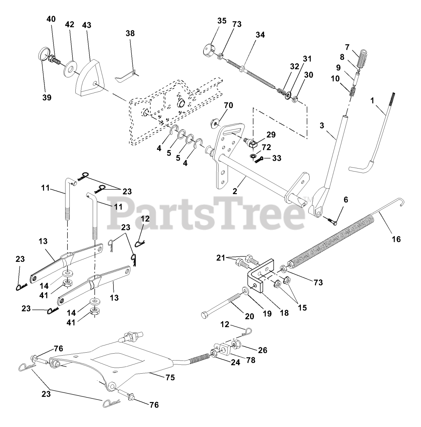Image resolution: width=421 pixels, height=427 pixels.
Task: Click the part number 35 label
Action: (222, 21)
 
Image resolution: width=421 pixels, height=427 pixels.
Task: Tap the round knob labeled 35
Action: (209, 51)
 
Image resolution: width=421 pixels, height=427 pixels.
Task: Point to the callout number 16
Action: (396, 239)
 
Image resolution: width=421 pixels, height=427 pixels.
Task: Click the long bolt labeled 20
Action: (222, 304)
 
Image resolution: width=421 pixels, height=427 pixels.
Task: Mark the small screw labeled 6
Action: (332, 221)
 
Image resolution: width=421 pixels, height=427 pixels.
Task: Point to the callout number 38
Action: (130, 33)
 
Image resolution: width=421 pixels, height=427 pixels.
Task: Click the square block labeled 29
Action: (254, 144)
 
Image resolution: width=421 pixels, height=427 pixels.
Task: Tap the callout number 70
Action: (228, 106)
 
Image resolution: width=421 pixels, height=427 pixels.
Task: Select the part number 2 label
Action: (235, 191)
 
